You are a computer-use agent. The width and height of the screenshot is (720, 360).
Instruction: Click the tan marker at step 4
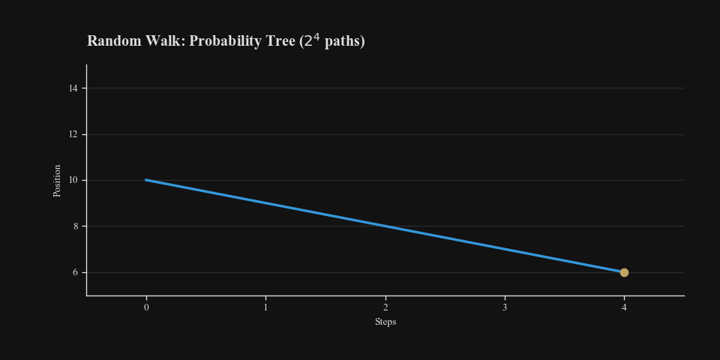pos(624,272)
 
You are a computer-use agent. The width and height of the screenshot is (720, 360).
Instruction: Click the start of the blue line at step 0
pos(146,180)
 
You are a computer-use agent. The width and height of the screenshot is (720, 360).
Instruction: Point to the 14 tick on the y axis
pos(73,88)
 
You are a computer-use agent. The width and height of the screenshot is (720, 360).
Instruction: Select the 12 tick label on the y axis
pos(73,134)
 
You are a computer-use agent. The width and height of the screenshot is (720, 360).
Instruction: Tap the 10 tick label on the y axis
pos(73,180)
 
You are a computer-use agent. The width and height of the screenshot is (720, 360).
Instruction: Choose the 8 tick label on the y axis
pos(75,226)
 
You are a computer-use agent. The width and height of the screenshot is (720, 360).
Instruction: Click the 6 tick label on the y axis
pos(75,272)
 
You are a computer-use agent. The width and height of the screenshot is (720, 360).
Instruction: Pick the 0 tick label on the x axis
pos(146,307)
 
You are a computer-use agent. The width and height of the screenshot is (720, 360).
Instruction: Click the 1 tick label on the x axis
pos(265,307)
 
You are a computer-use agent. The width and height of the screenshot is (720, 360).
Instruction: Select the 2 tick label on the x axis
pos(385,307)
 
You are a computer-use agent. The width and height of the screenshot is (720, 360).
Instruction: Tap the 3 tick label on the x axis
pos(505,307)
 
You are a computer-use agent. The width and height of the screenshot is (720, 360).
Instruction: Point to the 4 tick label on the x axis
pos(624,307)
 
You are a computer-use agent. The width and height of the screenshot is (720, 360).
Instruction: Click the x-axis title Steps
pos(385,322)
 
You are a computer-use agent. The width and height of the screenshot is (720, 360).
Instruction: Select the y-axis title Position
pos(57,180)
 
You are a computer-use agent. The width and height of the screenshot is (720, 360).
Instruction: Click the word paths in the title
pos(343,41)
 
